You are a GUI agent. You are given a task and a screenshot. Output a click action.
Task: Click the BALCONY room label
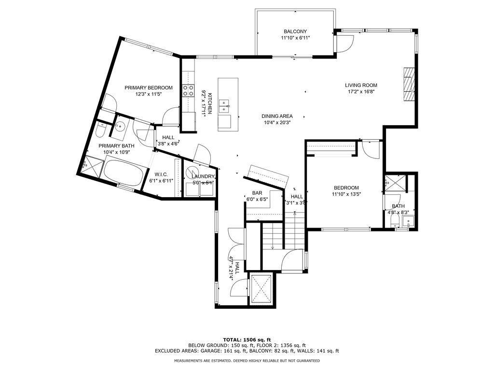click(295, 31)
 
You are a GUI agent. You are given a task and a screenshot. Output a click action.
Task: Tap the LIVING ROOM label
click(361, 85)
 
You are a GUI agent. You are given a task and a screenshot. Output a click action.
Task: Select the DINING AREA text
click(277, 116)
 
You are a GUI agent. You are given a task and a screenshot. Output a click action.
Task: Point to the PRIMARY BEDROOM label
click(149, 88)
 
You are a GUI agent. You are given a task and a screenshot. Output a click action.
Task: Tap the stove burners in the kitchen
click(188, 90)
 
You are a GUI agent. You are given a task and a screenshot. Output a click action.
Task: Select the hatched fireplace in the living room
click(408, 84)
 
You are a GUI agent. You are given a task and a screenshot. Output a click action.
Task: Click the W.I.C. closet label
click(161, 174)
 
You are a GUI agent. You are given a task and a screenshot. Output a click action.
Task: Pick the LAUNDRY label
click(203, 177)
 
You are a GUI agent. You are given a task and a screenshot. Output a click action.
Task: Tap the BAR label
click(257, 193)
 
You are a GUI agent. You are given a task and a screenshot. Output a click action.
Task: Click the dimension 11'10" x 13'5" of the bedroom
click(346, 194)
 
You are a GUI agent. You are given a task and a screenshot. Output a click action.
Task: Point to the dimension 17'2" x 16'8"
click(361, 92)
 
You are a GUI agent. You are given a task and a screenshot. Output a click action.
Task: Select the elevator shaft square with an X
click(260, 288)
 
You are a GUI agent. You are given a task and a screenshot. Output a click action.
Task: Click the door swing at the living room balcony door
click(345, 43)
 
